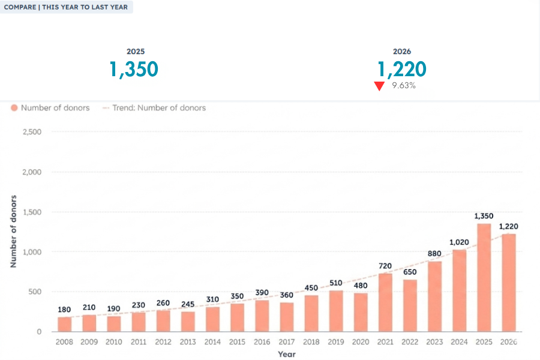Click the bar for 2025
click(484, 278)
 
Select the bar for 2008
click(64, 324)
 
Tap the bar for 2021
click(385, 302)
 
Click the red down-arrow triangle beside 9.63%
click(379, 86)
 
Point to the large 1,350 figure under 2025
click(134, 69)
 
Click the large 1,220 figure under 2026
click(402, 69)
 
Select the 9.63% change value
click(404, 86)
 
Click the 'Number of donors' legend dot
click(14, 108)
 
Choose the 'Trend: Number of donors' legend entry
click(154, 108)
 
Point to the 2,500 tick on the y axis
click(32, 132)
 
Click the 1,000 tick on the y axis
click(32, 252)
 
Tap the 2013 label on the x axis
click(188, 341)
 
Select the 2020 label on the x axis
click(361, 341)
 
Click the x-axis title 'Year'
click(286, 354)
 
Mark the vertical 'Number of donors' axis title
click(13, 231)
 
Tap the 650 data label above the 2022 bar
click(410, 271)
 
